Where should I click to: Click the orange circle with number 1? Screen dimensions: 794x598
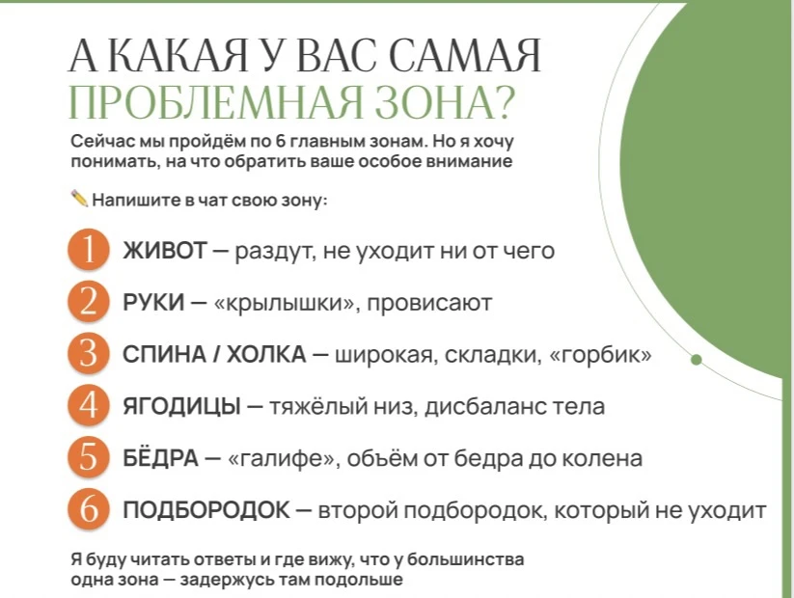tap(89, 250)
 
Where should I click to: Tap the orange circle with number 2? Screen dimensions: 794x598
tap(89, 302)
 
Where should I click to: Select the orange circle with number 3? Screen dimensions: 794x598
tap(89, 353)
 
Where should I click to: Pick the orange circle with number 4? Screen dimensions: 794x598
tap(89, 405)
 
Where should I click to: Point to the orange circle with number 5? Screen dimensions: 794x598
tap(89, 457)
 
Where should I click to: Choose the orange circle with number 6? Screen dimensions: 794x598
tap(89, 509)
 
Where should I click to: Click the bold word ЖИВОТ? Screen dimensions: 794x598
tap(165, 250)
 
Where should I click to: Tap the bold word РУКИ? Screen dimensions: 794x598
tap(153, 302)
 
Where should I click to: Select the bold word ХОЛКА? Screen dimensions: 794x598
tap(266, 354)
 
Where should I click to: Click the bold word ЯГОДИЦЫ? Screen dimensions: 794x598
tap(181, 406)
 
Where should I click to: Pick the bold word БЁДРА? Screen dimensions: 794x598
tap(160, 457)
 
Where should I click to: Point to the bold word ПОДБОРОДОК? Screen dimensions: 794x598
tap(206, 510)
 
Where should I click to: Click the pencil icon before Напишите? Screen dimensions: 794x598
tap(79, 199)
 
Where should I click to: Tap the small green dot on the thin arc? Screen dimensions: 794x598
tap(697, 360)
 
